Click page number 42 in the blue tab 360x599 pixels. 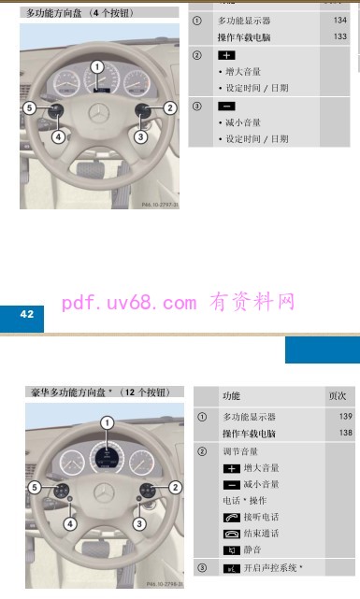pyautogui.click(x=26, y=314)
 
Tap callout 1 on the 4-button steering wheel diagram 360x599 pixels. pyautogui.click(x=97, y=66)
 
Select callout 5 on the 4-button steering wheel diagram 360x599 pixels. pyautogui.click(x=30, y=108)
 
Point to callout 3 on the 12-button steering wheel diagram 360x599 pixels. pyautogui.click(x=139, y=524)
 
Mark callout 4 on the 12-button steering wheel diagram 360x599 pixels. pyautogui.click(x=70, y=524)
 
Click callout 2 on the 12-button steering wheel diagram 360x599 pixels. pyautogui.click(x=175, y=487)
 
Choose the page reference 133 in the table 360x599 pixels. pyautogui.click(x=338, y=36)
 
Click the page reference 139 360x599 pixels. pyautogui.click(x=345, y=416)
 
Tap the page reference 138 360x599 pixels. pyautogui.click(x=345, y=433)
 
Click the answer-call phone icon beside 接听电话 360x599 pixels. pyautogui.click(x=231, y=517)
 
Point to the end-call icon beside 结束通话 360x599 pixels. pyautogui.click(x=231, y=534)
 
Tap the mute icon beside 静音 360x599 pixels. pyautogui.click(x=231, y=550)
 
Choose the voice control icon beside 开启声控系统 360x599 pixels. pyautogui.click(x=230, y=568)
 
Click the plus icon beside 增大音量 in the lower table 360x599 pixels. pyautogui.click(x=231, y=467)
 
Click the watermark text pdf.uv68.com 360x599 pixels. pyautogui.click(x=129, y=302)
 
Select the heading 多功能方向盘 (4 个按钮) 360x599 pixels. pyautogui.click(x=81, y=13)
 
